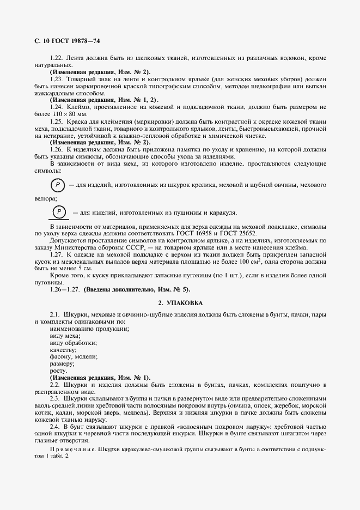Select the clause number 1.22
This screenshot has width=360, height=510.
pos(56,57)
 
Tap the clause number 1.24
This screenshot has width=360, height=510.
pos(56,107)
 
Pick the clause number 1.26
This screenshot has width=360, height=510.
pos(56,149)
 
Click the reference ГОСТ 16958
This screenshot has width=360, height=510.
pos(208,233)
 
